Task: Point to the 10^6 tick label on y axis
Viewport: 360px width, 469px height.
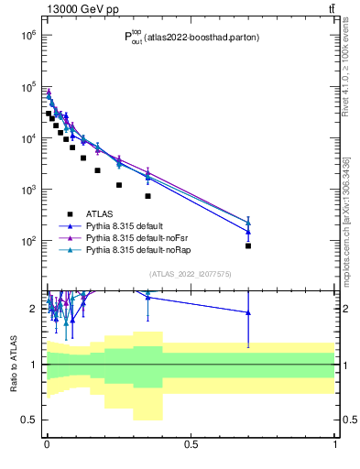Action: coord(27,35)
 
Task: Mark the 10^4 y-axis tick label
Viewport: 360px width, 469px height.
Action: coord(27,137)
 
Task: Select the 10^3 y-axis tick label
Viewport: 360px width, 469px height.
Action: coord(27,190)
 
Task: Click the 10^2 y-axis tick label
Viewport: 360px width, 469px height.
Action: coord(27,241)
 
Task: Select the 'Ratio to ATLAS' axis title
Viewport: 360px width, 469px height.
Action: coord(13,364)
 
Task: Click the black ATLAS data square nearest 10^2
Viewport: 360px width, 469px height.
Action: coord(248,245)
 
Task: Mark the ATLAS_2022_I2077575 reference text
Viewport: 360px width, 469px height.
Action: coord(190,274)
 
